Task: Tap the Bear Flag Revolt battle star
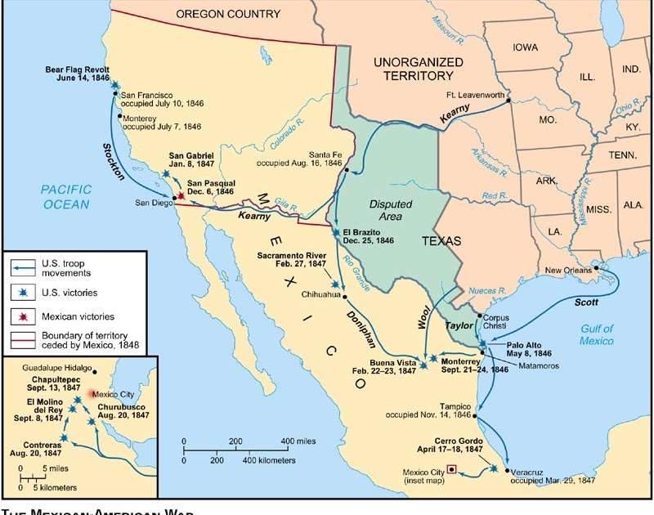tap(114, 85)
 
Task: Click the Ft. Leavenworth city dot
tap(508, 101)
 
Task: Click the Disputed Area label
tap(390, 210)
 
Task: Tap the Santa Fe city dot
tap(347, 171)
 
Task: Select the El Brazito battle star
tap(336, 233)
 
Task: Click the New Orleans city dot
tap(598, 268)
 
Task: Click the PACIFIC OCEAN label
tap(66, 196)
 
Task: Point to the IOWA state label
tap(526, 47)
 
